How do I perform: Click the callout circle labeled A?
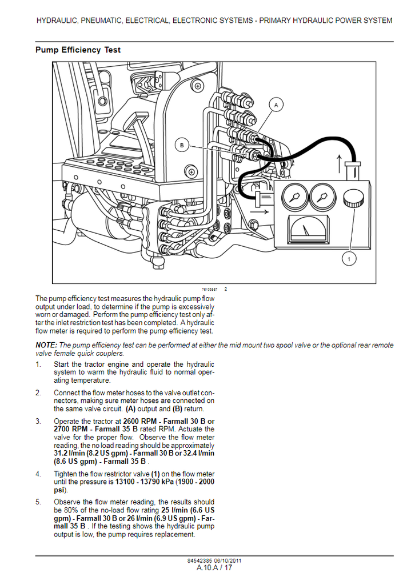pos(276,105)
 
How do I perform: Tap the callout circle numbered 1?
pos(348,259)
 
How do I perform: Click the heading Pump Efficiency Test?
pos(78,50)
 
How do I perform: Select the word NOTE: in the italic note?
pos(46,345)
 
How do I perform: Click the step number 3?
pos(38,422)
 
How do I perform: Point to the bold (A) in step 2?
pos(130,409)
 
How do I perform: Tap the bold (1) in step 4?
pos(155,474)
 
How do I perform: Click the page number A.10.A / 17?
pos(214,568)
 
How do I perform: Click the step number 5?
pos(38,502)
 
